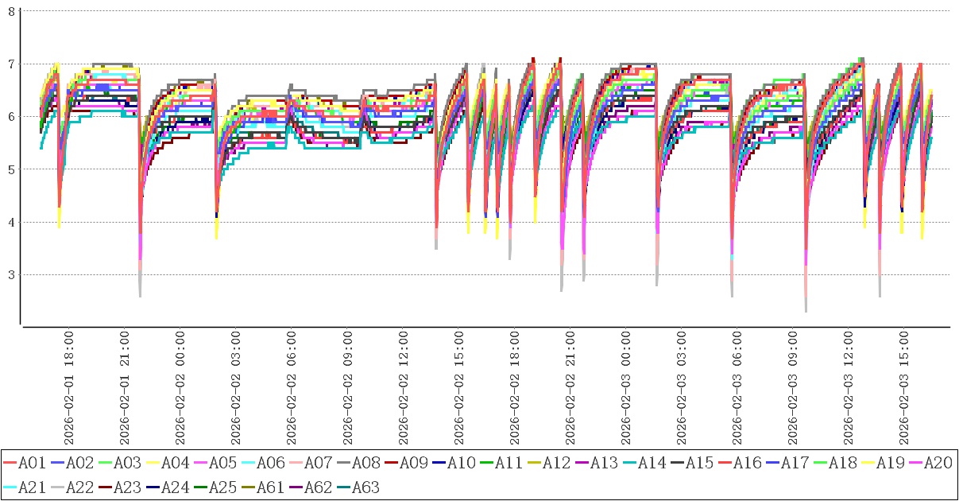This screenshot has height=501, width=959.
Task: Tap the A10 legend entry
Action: [460, 462]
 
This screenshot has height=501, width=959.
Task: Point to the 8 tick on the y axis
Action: [10, 10]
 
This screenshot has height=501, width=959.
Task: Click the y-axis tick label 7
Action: [10, 64]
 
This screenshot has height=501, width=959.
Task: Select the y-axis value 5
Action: [10, 169]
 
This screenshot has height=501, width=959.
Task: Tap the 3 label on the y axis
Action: [10, 275]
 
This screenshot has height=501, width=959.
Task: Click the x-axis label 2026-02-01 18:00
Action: [69, 390]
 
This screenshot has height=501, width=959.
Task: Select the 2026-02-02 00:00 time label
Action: [180, 390]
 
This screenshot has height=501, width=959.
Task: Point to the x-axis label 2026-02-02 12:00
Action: [403, 390]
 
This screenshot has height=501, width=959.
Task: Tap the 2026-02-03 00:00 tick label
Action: [625, 390]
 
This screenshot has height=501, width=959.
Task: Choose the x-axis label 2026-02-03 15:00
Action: [903, 390]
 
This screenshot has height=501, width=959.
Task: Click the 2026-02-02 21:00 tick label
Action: [570, 390]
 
